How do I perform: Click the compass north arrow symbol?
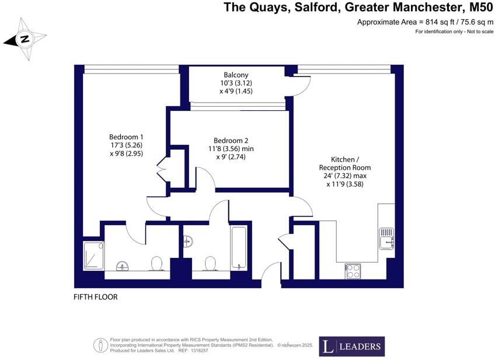tap(25, 40)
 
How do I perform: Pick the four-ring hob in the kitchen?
tap(353, 271)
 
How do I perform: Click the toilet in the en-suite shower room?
tap(156, 264)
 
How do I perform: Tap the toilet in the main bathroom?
tap(211, 264)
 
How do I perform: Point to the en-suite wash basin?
tap(123, 266)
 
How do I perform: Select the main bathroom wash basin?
tap(187, 240)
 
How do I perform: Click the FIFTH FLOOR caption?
tap(96, 297)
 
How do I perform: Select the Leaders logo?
tap(351, 347)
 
